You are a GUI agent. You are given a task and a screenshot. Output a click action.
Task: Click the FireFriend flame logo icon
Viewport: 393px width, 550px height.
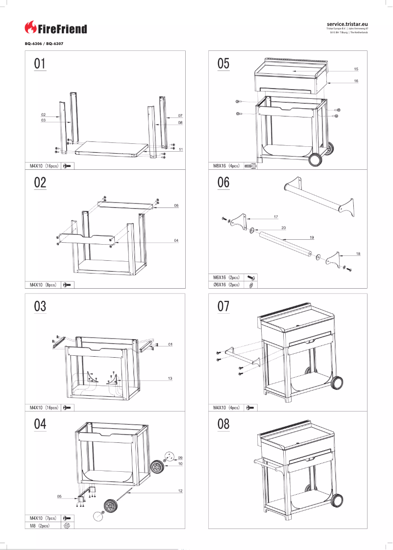coord(30,28)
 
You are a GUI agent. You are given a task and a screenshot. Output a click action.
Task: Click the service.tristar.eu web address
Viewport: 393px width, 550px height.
coord(347,23)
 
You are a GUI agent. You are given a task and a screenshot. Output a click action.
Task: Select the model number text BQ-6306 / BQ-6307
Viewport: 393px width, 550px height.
coord(44,44)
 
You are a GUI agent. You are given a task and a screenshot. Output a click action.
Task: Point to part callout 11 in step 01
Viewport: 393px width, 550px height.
coord(181,149)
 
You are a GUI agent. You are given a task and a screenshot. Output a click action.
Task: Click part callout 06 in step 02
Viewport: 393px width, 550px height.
coord(176,206)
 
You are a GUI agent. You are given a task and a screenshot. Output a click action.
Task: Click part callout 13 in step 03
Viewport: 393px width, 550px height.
coord(170,378)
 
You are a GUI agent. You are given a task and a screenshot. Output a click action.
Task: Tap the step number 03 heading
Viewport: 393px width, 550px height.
coord(40,306)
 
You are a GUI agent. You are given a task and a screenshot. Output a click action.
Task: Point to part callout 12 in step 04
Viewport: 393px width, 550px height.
coord(180,491)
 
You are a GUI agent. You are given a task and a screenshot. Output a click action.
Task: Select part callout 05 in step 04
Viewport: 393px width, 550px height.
coord(59,496)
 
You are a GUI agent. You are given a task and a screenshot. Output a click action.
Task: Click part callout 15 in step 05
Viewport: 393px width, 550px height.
coord(356,69)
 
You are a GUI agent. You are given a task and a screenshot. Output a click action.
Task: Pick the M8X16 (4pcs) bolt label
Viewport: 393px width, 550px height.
coord(226,166)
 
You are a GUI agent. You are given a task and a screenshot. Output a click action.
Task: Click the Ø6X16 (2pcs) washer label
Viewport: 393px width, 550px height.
coord(226,284)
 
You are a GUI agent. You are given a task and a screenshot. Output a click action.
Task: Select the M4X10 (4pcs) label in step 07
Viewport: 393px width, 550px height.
coord(226,407)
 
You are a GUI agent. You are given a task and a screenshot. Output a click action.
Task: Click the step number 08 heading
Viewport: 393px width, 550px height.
coord(223,424)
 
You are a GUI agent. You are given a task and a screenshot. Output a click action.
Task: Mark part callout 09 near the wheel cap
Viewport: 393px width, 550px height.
coord(180,458)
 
